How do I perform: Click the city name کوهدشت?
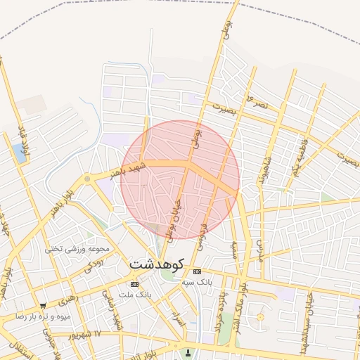[x=156, y=265]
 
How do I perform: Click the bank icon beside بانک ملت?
[x=134, y=284]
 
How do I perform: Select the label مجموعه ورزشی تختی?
[x=77, y=249]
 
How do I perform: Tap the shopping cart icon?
[x=43, y=306]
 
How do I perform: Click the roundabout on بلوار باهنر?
[x=86, y=179]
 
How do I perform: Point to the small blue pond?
[x=19, y=153]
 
